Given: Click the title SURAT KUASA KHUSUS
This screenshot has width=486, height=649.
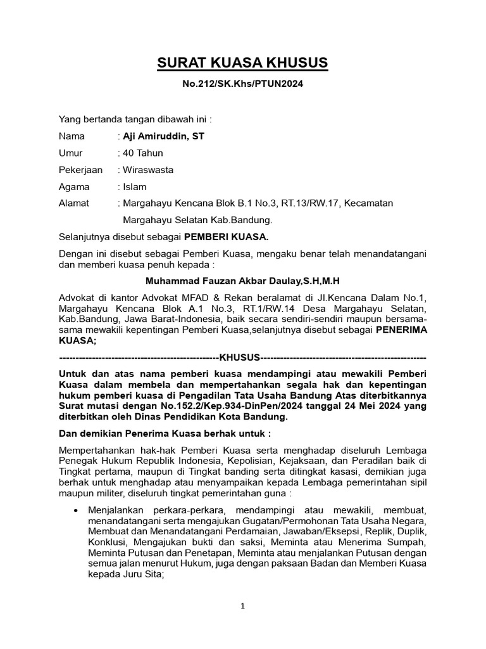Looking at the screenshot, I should pos(243,63).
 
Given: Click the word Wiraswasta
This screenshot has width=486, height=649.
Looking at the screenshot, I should pos(148,170).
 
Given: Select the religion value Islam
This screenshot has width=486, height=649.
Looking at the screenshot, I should pos(135,187).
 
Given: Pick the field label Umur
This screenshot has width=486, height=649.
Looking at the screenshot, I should pos(71,153).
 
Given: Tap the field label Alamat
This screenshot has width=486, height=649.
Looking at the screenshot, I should pos(74,203).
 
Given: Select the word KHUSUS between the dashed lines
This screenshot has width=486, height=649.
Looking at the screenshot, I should pos(240,357).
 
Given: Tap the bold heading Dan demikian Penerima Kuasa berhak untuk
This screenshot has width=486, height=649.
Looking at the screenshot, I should pos(165,434).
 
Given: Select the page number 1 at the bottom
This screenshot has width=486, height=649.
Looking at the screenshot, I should pos(242,606).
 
